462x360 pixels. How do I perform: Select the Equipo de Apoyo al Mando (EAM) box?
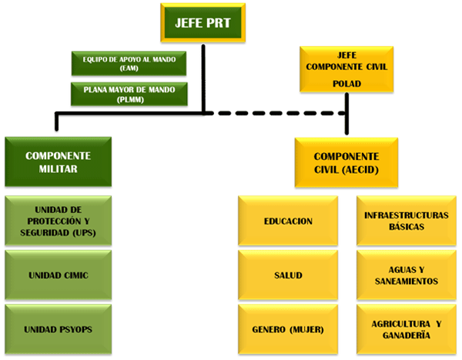tap(129, 63)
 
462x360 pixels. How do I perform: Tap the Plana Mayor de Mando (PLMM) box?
tap(129, 95)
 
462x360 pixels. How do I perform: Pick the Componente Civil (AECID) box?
tap(346, 163)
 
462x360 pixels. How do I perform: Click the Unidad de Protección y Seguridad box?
tap(57, 221)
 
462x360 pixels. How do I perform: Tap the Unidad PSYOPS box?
tap(57, 329)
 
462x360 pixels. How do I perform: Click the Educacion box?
tap(288, 221)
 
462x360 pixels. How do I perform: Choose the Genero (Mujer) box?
tap(288, 329)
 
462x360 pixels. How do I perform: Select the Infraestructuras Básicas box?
tap(405, 221)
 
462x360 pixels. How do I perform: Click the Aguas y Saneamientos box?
tap(405, 275)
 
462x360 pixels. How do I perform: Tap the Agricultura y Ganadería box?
tap(405, 329)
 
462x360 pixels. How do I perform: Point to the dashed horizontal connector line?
tap(277, 114)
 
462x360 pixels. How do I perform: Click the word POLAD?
tap(346, 84)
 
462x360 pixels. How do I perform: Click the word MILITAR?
tap(57, 169)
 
